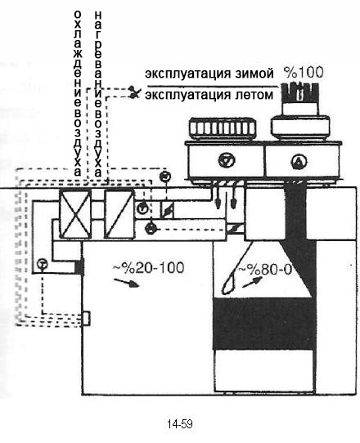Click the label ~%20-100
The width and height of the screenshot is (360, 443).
(149, 268)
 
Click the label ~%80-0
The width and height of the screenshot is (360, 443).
(265, 270)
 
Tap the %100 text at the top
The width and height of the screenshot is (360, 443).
(304, 72)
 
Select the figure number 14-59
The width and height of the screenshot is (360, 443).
(180, 423)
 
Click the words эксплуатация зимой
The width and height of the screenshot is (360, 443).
(209, 74)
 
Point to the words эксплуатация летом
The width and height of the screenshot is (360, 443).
(209, 95)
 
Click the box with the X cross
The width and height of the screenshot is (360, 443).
(75, 213)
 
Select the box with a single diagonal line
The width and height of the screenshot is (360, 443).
(119, 214)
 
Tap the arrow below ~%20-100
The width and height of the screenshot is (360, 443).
(126, 283)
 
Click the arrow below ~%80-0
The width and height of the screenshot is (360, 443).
(252, 282)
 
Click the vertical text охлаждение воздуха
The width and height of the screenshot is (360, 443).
(78, 93)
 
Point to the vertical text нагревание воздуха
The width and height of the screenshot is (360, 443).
(98, 93)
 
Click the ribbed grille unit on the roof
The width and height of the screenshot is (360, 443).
(223, 129)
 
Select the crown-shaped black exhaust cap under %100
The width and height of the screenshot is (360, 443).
(300, 92)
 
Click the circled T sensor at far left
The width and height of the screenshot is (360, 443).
(43, 264)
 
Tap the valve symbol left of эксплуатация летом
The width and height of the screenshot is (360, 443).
(134, 92)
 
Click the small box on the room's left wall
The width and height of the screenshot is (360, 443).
(86, 319)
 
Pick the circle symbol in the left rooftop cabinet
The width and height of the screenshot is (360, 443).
(227, 160)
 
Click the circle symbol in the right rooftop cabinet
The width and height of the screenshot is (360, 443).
(299, 161)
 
